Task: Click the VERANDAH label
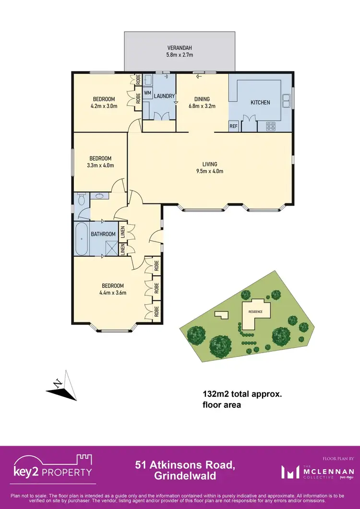pyautogui.click(x=180, y=48)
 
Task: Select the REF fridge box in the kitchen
pyautogui.click(x=234, y=127)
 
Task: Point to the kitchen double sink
pyautogui.click(x=287, y=101)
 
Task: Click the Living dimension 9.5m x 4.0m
pyautogui.click(x=210, y=171)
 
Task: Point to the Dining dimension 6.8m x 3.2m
pyautogui.click(x=202, y=106)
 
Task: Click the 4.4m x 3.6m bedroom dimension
pyautogui.click(x=110, y=293)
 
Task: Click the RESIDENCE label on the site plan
pyautogui.click(x=255, y=312)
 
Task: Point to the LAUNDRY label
pyautogui.click(x=164, y=96)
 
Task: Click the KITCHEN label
pyautogui.click(x=260, y=102)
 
